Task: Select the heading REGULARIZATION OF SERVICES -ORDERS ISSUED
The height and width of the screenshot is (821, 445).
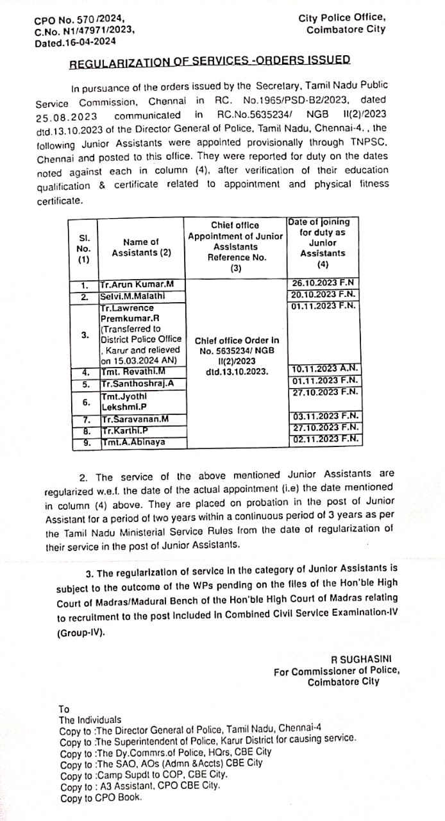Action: click(x=210, y=60)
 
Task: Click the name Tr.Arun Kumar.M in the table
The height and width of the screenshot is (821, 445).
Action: click(x=133, y=284)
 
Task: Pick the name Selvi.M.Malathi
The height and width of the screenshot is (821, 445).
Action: click(x=133, y=296)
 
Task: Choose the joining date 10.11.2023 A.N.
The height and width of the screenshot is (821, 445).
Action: click(x=324, y=369)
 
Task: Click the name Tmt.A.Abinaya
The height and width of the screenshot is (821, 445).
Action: click(x=132, y=443)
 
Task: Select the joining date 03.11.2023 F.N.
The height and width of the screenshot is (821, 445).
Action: click(x=324, y=417)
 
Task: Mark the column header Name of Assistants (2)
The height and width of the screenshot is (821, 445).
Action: click(x=141, y=247)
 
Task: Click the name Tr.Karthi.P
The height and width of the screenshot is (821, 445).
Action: click(x=125, y=431)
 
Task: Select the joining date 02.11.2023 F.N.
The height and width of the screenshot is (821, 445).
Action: click(x=324, y=440)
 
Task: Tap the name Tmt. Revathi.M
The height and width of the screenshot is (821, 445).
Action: click(x=133, y=371)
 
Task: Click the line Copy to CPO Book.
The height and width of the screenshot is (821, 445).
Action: click(x=101, y=799)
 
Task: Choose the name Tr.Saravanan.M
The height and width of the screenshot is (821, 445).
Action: click(x=135, y=419)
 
